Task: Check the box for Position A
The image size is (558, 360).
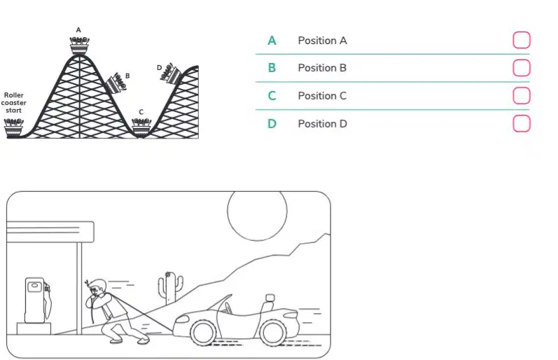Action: tap(522, 40)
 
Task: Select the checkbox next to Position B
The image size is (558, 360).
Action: tap(522, 68)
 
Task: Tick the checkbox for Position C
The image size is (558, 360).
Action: tap(522, 95)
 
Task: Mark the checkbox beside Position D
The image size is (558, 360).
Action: tap(522, 123)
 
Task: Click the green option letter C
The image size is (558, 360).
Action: tap(272, 96)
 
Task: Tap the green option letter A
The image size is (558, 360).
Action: tap(272, 41)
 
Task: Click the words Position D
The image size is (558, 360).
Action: tap(323, 124)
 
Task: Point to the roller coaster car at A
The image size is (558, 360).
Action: tap(79, 46)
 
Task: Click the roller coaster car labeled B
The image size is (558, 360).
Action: tap(117, 83)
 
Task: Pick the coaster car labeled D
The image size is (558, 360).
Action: tap(171, 74)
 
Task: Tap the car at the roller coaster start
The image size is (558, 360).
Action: tap(13, 128)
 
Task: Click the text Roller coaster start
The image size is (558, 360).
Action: tap(13, 103)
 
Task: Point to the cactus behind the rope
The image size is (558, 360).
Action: tap(170, 288)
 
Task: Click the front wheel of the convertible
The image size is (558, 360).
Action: tap(203, 333)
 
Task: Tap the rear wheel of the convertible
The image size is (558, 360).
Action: tap(273, 333)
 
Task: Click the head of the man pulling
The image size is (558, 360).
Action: tap(97, 287)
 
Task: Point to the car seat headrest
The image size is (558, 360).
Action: tap(270, 298)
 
